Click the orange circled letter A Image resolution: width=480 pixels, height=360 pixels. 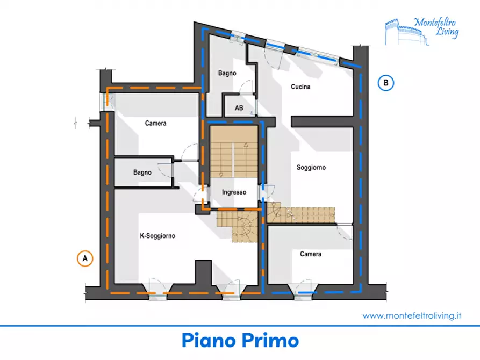pos(85,258)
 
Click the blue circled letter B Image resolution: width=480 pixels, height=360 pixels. pos(386,83)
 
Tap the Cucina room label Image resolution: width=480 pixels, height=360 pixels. pos(300,87)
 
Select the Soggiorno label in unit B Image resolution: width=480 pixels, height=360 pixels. pos(311,168)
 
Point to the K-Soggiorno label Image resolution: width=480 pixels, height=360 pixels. pos(157,236)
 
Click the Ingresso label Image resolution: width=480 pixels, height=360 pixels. pos(234,192)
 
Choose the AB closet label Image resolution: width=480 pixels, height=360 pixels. pos(239,108)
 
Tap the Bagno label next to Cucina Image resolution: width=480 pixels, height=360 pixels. pos(227,73)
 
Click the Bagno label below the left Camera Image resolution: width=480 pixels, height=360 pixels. pos(142,172)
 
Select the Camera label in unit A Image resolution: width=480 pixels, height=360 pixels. pos(155,123)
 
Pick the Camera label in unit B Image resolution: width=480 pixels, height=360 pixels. pos(310,254)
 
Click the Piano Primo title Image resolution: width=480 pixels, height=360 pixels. pos(240,341)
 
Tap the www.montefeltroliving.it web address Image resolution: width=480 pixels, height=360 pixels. pos(412,315)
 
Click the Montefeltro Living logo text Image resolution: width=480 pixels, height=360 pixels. pos(436,27)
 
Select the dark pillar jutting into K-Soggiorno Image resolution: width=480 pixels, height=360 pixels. pos(203,272)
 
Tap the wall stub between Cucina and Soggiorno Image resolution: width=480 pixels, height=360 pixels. pos(322,121)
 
